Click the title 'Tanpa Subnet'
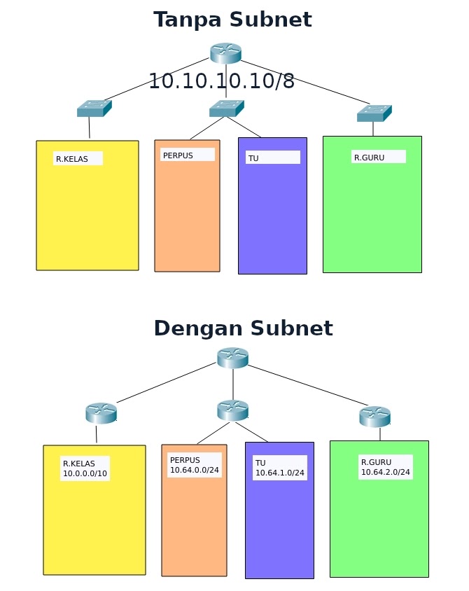coord(232,20)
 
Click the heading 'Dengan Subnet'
coord(243,328)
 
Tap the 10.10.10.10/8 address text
coord(221,81)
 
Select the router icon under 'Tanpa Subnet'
coord(225,53)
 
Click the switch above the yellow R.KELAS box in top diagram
coord(94,109)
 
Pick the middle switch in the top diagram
coord(226,109)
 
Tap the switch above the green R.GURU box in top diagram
coord(374,113)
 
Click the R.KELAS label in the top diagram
coord(72,159)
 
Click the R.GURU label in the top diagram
coord(369,158)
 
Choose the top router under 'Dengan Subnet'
coord(232,358)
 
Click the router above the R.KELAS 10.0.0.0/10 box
coord(101,413)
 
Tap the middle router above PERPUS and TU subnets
coord(232,410)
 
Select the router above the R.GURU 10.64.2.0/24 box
coord(374,417)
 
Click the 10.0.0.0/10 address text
coord(85,473)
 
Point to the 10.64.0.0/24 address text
coord(195,470)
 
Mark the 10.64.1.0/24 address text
coord(279,473)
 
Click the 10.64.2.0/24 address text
coord(385,473)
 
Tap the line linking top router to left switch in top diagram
coord(157,81)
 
